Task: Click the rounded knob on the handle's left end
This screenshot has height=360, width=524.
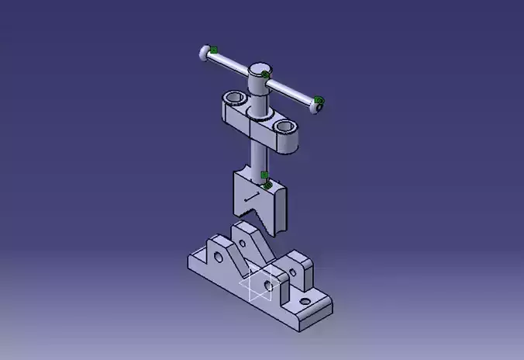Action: pyautogui.click(x=204, y=54)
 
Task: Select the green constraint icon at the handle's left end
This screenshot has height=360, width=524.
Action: pyautogui.click(x=214, y=50)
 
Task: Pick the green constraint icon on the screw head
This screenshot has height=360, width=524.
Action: pyautogui.click(x=265, y=74)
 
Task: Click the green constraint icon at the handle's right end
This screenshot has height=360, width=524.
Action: pyautogui.click(x=319, y=100)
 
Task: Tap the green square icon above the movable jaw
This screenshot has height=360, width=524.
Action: pyautogui.click(x=264, y=175)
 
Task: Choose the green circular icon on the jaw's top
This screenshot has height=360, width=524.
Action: pyautogui.click(x=267, y=185)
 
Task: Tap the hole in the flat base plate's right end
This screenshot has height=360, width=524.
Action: pyautogui.click(x=304, y=300)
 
